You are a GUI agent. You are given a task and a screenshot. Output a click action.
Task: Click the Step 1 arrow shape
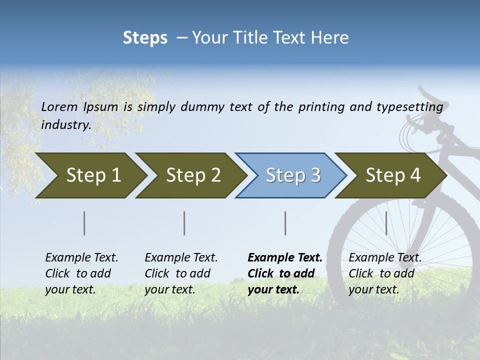tap(90, 175)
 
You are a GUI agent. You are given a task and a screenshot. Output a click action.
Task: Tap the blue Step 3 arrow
tap(291, 175)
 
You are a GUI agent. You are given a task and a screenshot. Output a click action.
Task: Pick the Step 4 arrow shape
tap(391, 175)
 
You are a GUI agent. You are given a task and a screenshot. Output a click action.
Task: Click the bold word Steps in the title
tap(145, 38)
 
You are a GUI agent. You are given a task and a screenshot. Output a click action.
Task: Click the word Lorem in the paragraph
tap(59, 106)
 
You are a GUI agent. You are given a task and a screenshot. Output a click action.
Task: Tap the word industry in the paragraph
tap(66, 124)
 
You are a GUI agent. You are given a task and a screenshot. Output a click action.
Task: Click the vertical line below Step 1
tap(84, 223)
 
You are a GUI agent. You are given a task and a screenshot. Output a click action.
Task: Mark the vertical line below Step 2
tap(184, 223)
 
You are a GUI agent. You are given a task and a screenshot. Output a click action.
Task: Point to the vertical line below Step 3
tap(285, 223)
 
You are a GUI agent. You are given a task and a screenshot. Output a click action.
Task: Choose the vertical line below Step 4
tap(386, 223)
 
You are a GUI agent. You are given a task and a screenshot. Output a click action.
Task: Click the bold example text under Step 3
tap(285, 273)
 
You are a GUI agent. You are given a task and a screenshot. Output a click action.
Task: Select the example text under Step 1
tap(81, 273)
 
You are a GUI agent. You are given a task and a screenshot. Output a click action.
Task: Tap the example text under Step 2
tap(181, 273)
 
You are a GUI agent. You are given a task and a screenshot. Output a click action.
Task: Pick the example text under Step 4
tap(385, 273)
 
